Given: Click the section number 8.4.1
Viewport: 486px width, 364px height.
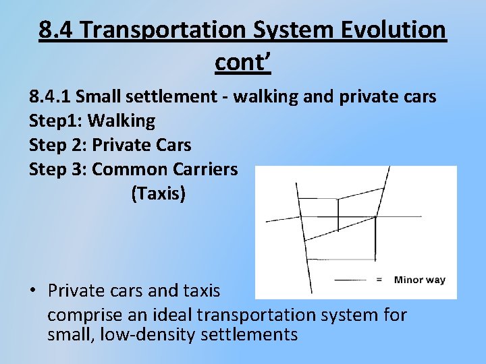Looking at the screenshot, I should coord(51,97).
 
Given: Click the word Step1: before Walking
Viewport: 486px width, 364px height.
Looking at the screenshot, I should coord(56,121).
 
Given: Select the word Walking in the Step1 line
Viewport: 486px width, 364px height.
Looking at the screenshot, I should coord(122,121).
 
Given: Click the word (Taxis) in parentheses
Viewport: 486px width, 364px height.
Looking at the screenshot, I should coord(158,194).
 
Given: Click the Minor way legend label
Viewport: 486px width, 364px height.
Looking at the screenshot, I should coord(419,280).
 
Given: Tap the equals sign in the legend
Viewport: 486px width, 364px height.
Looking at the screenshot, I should coord(379,280).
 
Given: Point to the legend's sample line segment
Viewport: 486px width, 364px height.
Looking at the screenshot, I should coord(351,280).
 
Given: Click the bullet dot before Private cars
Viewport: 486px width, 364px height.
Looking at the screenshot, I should coord(32,292).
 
